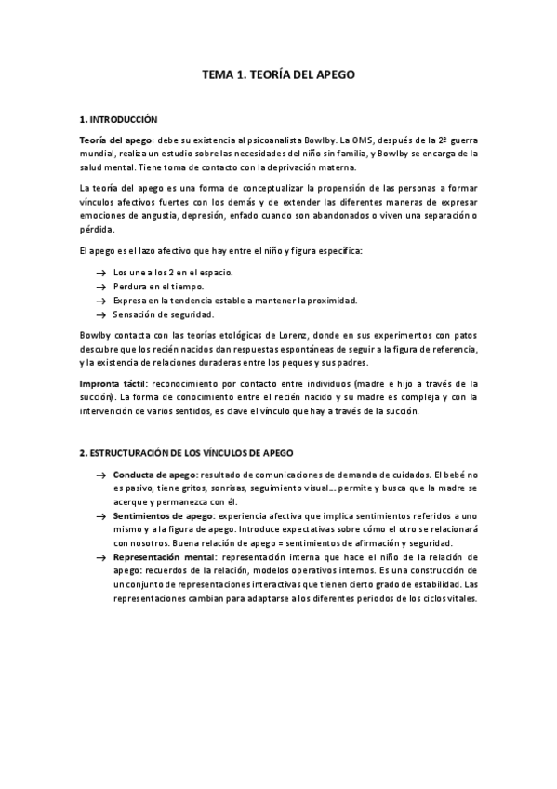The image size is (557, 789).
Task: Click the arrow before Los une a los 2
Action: tap(100, 273)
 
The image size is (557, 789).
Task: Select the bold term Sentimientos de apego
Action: tap(163, 515)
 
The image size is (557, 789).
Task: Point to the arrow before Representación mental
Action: tap(100, 556)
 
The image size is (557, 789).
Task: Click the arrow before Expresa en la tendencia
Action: tap(100, 301)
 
